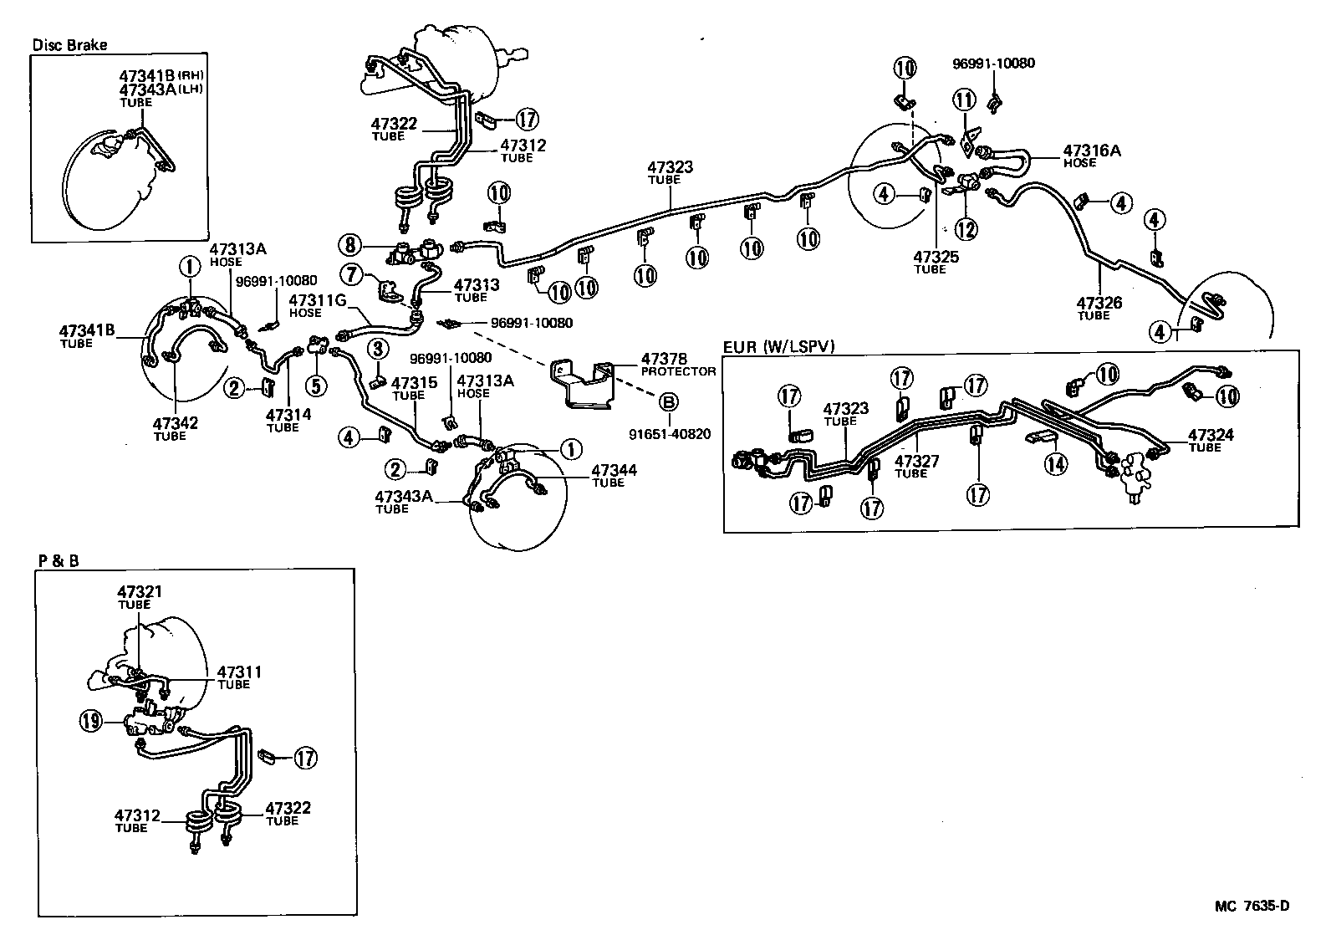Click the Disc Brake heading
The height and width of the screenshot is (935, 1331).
pyautogui.click(x=69, y=45)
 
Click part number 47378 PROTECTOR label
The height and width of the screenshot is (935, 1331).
pyautogui.click(x=678, y=364)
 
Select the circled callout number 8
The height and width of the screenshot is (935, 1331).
pyautogui.click(x=349, y=245)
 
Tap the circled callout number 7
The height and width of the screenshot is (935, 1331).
pyautogui.click(x=349, y=273)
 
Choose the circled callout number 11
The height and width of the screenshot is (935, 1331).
pyautogui.click(x=966, y=101)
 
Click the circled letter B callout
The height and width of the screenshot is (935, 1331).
pyautogui.click(x=669, y=402)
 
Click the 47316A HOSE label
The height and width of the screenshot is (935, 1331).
pyautogui.click(x=1091, y=156)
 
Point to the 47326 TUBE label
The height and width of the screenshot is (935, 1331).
pyautogui.click(x=1099, y=308)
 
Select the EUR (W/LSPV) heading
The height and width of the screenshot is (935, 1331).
pyautogui.click(x=778, y=345)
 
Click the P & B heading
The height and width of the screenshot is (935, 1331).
pyautogui.click(x=58, y=561)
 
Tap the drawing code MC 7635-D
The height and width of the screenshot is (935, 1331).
pyautogui.click(x=1252, y=906)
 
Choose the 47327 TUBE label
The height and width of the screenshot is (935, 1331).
pyautogui.click(x=915, y=465)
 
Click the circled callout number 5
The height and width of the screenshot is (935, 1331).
pyautogui.click(x=316, y=385)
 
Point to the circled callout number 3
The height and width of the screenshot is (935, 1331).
pyautogui.click(x=378, y=347)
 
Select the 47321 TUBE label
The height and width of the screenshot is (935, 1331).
pyautogui.click(x=139, y=596)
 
